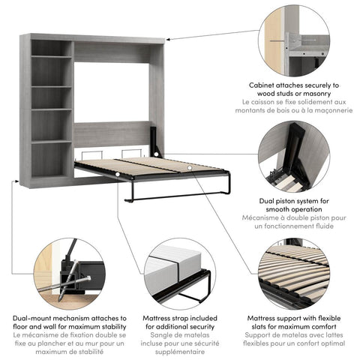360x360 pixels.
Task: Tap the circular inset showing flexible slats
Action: pyautogui.click(x=294, y=273)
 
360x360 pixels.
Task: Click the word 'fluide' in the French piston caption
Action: pyautogui.click(x=316, y=223)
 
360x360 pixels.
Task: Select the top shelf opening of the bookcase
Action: pyautogui.click(x=52, y=49)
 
